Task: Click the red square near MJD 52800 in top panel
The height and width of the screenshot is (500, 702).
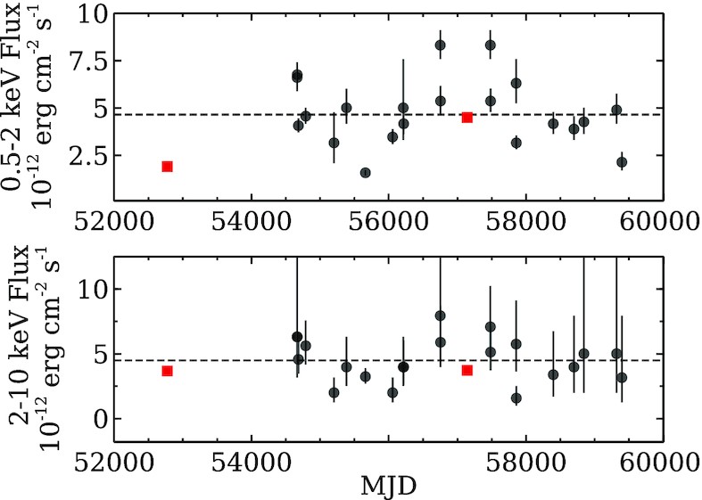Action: pyautogui.click(x=167, y=167)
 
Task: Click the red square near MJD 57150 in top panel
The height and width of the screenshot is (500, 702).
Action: pyautogui.click(x=467, y=117)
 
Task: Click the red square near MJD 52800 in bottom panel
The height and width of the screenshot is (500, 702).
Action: pyautogui.click(x=167, y=371)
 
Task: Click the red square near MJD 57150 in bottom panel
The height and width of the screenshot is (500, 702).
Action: pyautogui.click(x=467, y=370)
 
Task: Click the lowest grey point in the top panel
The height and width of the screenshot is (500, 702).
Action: pyautogui.click(x=365, y=172)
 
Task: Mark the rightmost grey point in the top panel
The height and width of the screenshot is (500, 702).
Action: pyautogui.click(x=622, y=161)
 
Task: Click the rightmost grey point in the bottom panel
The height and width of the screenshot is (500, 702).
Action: pyautogui.click(x=622, y=378)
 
